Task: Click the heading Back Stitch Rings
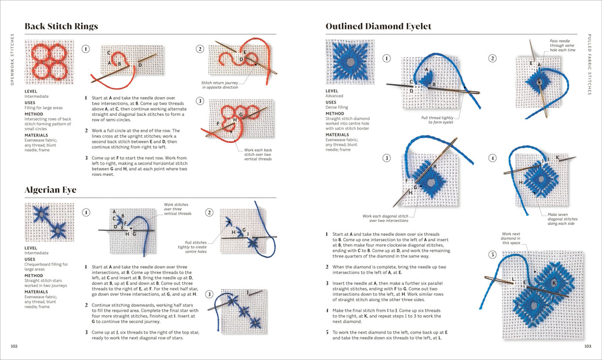(61, 26)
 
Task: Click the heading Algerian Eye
(51, 190)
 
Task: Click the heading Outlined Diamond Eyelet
(378, 26)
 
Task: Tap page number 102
(15, 345)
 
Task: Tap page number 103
(587, 345)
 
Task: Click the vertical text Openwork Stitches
(12, 59)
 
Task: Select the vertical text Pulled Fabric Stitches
(590, 65)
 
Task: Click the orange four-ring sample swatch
(49, 62)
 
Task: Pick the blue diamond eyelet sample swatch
(350, 62)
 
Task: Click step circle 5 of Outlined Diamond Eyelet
(493, 255)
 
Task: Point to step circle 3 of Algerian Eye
(209, 294)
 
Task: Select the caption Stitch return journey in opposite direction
(219, 85)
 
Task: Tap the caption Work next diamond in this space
(511, 238)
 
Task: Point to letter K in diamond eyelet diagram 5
(554, 283)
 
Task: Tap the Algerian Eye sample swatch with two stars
(49, 222)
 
